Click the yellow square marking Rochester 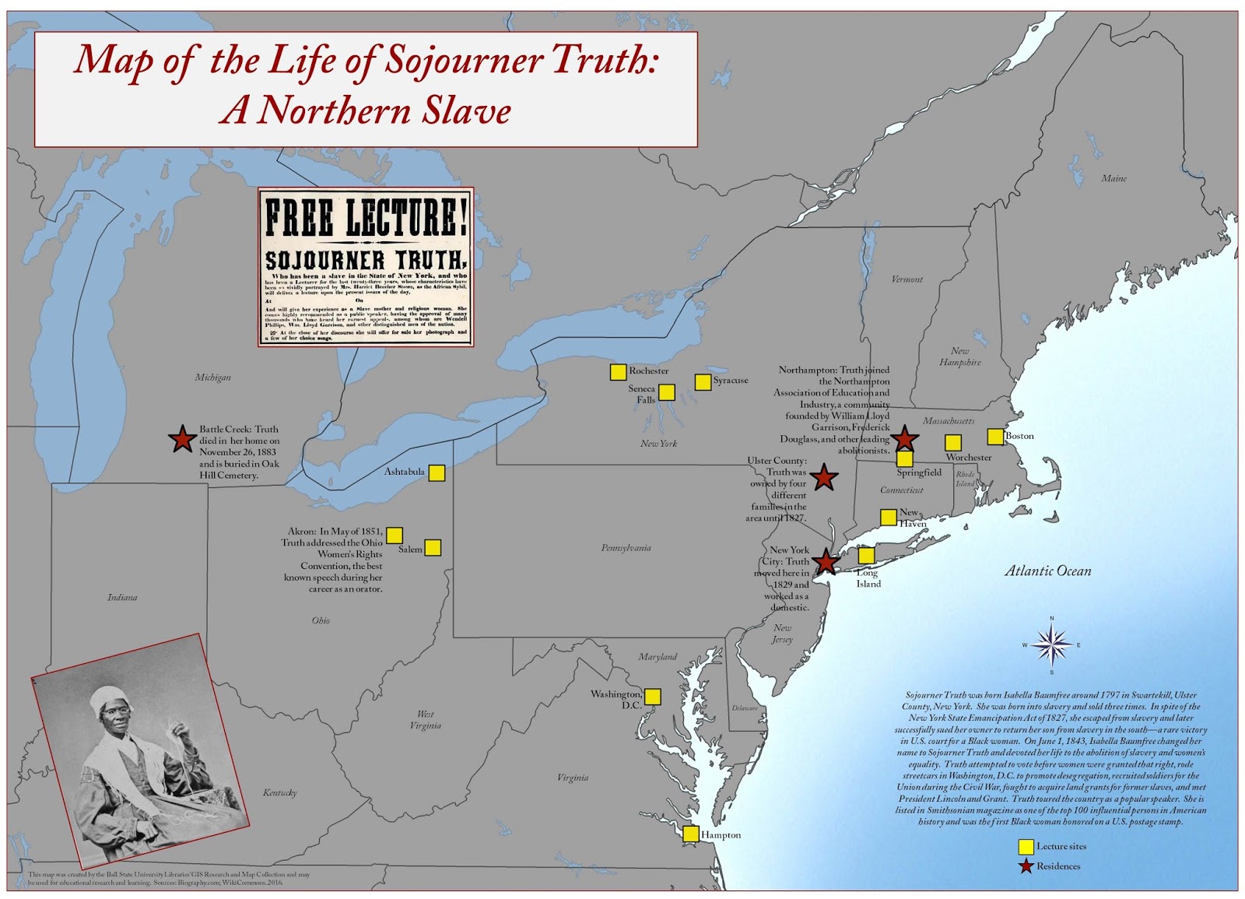[x=618, y=372]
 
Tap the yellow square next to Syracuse [x=703, y=381]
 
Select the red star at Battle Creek [x=182, y=439]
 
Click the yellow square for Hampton [x=691, y=834]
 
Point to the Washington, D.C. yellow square [x=653, y=697]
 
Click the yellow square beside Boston [x=995, y=436]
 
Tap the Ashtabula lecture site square [x=437, y=472]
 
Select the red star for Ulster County [x=824, y=478]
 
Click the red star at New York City [x=825, y=560]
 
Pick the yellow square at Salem [x=433, y=548]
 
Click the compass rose [x=1051, y=644]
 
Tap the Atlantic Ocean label [x=1047, y=571]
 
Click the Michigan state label [x=213, y=378]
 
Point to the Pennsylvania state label [x=626, y=548]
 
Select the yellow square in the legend [x=1026, y=847]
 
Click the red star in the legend [x=1026, y=866]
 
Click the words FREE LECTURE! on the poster [x=366, y=217]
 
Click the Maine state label [x=1113, y=179]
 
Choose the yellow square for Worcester [x=953, y=443]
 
